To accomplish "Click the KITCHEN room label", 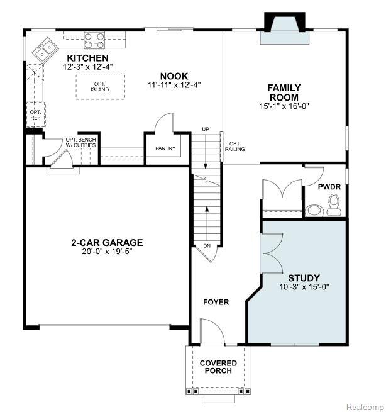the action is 84,58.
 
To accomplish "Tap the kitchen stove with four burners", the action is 94,40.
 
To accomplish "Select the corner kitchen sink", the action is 45,50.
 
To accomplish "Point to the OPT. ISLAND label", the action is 100,87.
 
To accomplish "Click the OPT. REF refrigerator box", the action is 36,115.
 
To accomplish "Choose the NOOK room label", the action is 174,76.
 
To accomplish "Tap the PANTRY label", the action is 165,148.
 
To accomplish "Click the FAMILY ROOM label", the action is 284,92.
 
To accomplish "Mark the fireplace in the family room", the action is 285,28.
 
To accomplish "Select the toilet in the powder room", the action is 334,205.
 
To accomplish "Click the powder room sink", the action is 314,211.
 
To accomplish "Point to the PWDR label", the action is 329,187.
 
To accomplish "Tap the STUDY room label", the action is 304,278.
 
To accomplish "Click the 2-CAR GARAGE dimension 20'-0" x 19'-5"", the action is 107,252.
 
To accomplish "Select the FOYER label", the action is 216,302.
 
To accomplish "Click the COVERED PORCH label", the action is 218,367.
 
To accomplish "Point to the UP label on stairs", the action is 206,130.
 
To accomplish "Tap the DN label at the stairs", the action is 207,246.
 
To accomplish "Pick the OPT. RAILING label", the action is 234,147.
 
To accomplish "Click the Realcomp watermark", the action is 365,407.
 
